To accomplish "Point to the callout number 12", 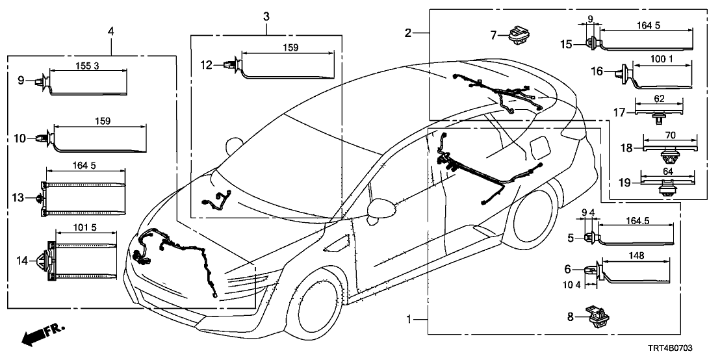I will click(206, 64).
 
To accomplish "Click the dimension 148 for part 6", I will click(637, 255).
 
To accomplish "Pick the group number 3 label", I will click(266, 15).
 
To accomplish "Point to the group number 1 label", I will click(409, 320).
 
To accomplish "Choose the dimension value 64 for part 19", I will click(667, 172).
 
